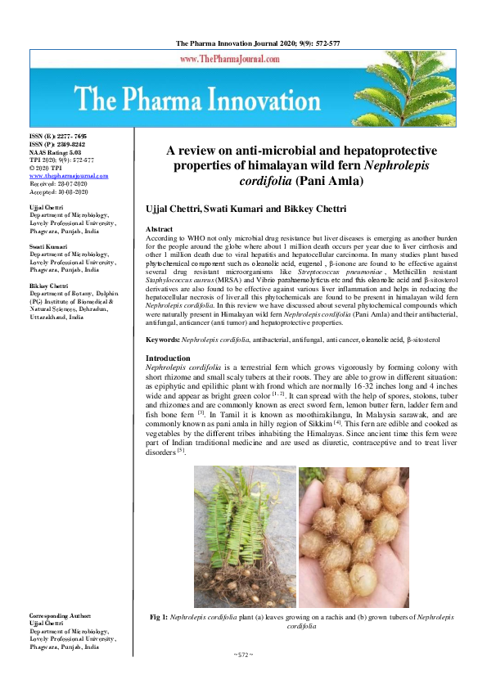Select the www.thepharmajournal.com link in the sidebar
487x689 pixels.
[x=68, y=176]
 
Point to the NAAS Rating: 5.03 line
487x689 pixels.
[x=58, y=153]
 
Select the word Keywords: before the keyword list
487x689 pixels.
[x=162, y=338]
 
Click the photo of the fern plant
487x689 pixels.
[x=244, y=536]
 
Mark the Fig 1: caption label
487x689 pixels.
[x=159, y=616]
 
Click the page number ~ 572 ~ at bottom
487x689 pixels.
[x=244, y=655]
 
